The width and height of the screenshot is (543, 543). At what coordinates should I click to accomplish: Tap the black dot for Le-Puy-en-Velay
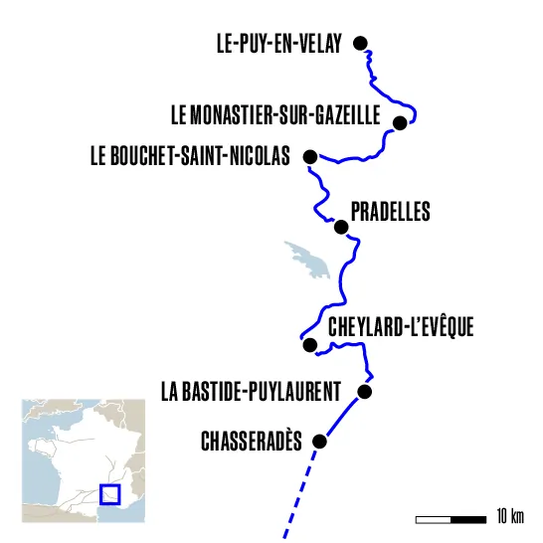[x=361, y=43]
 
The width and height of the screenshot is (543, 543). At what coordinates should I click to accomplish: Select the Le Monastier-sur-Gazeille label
[x=275, y=117]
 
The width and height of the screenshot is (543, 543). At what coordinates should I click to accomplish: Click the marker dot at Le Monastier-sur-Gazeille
[x=400, y=123]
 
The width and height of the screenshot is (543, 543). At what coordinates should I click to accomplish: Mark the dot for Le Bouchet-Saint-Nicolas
[x=310, y=156]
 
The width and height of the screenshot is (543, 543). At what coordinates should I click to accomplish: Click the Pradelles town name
[x=391, y=212]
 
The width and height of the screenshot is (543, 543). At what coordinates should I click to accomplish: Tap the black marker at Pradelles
[x=341, y=227]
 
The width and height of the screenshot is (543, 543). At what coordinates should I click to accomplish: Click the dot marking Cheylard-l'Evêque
[x=309, y=345]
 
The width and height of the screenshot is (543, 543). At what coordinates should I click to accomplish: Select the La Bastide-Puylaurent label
[x=251, y=391]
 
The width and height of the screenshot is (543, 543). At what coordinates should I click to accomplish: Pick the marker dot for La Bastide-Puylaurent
[x=364, y=392]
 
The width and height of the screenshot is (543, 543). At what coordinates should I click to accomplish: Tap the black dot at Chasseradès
[x=319, y=441]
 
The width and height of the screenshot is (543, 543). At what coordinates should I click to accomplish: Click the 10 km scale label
[x=509, y=517]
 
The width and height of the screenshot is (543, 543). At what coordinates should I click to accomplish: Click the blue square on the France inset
[x=109, y=494]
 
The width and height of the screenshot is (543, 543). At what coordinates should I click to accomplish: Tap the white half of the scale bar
[x=433, y=518]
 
